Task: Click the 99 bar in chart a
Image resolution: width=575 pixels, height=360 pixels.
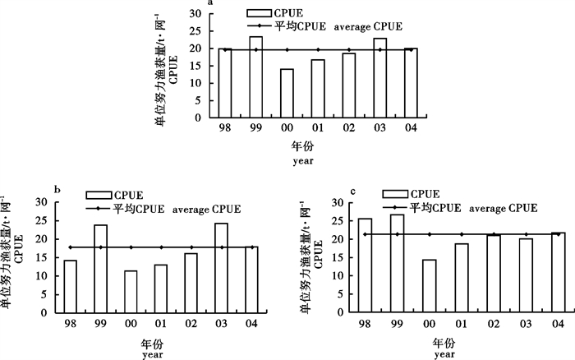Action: point(257,79)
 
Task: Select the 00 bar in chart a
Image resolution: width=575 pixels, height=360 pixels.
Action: point(287,95)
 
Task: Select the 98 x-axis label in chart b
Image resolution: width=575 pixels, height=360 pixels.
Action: point(70,324)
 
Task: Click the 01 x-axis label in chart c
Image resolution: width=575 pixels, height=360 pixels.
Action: point(459,324)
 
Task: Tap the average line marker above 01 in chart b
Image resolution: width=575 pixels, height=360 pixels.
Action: point(161,247)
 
